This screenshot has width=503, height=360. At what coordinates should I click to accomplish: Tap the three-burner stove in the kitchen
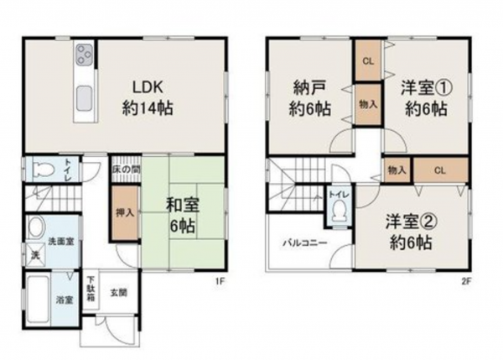[x=86, y=55]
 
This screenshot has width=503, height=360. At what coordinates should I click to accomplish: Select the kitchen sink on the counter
[x=86, y=98]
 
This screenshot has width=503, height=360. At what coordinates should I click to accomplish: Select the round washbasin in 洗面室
[x=35, y=227]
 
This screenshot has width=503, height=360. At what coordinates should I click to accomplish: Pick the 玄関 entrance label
[x=118, y=292]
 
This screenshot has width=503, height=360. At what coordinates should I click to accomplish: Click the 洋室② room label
[x=409, y=234]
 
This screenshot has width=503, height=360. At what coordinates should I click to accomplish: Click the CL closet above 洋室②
[x=440, y=170]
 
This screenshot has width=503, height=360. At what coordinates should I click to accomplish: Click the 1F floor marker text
[x=219, y=283]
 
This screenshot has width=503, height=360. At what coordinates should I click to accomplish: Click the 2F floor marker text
[x=466, y=283]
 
